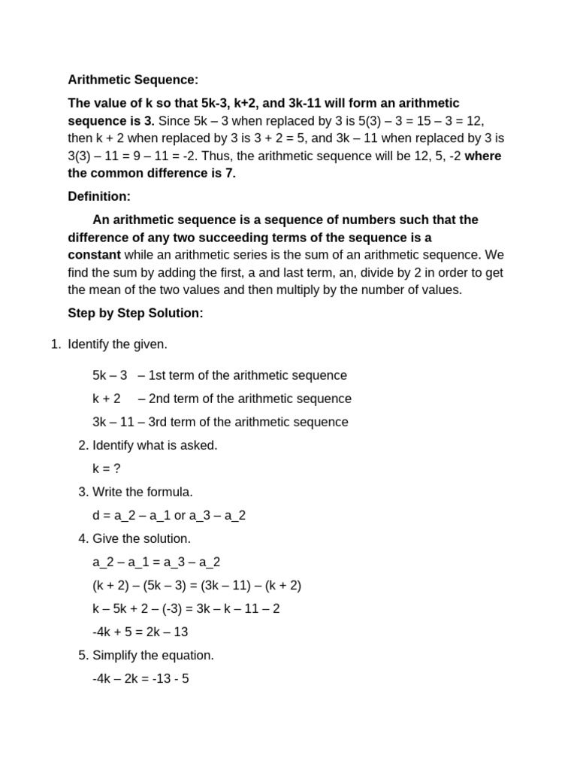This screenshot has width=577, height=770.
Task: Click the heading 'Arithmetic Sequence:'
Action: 133,80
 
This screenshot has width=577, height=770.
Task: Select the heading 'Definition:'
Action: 99,196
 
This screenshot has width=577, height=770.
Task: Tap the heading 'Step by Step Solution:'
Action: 135,313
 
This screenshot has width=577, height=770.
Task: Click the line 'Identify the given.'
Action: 118,344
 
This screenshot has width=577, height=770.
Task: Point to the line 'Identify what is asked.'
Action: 155,445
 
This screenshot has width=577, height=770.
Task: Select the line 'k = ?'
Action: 107,468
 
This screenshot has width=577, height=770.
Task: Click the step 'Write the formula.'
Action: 143,492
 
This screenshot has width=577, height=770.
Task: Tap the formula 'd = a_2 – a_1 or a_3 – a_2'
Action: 169,515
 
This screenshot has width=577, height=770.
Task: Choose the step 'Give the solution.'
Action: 141,538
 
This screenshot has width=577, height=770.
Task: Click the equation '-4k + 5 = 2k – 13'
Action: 140,632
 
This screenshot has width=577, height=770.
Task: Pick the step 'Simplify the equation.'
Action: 153,655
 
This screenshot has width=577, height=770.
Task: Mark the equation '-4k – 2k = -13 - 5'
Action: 140,678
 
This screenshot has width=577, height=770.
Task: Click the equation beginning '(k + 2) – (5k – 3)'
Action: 197,585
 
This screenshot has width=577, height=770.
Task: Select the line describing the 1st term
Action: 219,375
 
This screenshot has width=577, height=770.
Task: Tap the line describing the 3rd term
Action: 220,422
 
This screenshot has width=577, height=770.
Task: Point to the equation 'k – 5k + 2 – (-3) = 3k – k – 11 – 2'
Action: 186,608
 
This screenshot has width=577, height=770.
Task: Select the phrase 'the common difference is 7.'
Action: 152,173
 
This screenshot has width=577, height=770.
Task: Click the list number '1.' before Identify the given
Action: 55,344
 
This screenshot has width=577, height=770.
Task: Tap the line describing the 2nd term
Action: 222,399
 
